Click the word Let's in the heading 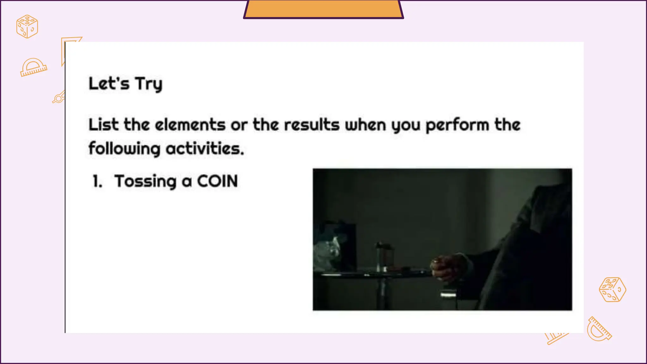(x=109, y=84)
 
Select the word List (x=103, y=124)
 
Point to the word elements (x=190, y=124)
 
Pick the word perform (x=457, y=125)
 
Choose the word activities (x=205, y=148)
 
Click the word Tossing (x=145, y=181)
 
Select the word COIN (x=217, y=181)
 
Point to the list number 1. (x=97, y=181)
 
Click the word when (x=365, y=124)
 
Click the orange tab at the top (x=323, y=9)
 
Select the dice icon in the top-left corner (x=27, y=27)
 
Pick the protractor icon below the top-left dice (x=33, y=67)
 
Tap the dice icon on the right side (x=612, y=289)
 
